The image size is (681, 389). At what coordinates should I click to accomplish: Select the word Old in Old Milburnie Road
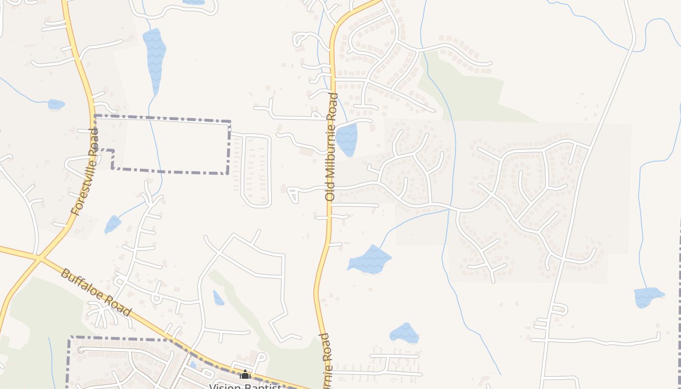tap(330, 193)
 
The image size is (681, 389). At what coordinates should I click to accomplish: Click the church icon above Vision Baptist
tap(245, 374)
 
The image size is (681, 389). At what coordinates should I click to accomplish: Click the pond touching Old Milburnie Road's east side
tap(347, 140)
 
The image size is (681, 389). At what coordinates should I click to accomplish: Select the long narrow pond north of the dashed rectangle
tap(155, 58)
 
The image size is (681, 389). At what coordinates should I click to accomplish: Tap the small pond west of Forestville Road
tap(56, 104)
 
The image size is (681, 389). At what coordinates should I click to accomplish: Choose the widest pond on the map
tap(370, 259)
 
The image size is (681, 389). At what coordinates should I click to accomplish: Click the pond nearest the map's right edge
tap(648, 297)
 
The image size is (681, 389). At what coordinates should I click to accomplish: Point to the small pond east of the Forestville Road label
tap(113, 224)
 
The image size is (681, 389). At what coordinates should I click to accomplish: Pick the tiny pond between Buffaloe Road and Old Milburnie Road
tap(218, 298)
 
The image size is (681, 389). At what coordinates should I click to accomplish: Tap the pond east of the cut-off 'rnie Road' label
tap(404, 333)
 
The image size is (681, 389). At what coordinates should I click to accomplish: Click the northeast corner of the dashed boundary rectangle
tap(230, 122)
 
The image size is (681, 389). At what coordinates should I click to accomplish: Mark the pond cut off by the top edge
tap(194, 2)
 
